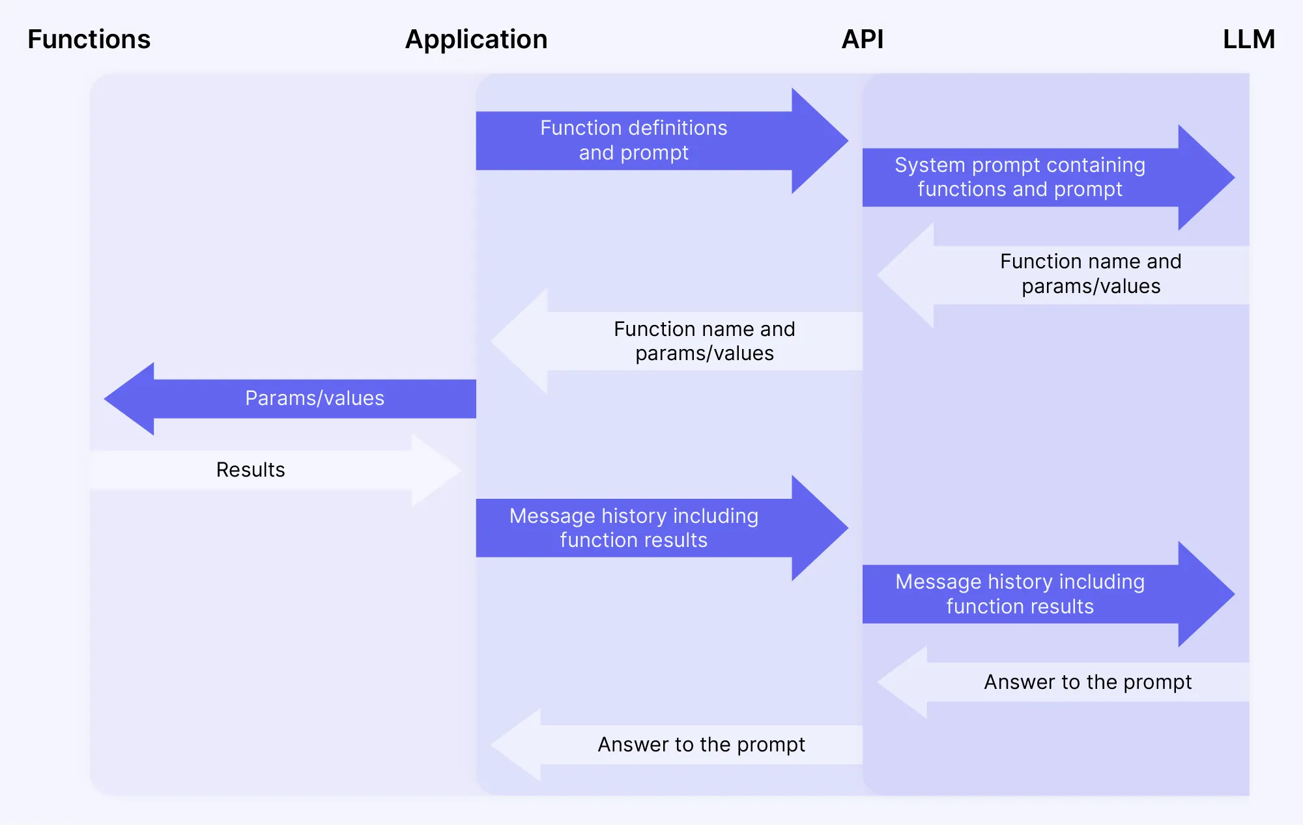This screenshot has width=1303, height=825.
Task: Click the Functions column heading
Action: coord(89,40)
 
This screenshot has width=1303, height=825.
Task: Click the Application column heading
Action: coord(476,40)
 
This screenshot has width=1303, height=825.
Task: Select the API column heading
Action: coord(862,40)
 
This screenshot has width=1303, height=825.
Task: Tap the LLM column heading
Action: coord(1248,40)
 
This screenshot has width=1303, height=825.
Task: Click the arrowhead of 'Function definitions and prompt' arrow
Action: coord(818,141)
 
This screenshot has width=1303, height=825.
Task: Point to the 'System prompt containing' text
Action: coord(1020,165)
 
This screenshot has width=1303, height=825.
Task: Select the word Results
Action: coord(250,470)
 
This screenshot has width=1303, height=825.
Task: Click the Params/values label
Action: coord(315,399)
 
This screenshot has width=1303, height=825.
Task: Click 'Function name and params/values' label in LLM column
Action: coord(1091,274)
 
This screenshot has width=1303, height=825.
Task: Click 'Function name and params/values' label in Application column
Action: coord(704,341)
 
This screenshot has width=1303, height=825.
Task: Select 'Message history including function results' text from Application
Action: coord(633,528)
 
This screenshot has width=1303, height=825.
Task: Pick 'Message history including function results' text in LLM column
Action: coord(1020,594)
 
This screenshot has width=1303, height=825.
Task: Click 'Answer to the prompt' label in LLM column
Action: coord(1087,682)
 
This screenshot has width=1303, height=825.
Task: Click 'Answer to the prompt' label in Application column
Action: coord(701,745)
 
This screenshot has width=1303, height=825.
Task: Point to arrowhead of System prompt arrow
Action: coord(1205,177)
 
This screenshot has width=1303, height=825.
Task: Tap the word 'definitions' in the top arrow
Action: coord(672,128)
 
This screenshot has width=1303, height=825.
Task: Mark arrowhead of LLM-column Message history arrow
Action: coord(1205,594)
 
